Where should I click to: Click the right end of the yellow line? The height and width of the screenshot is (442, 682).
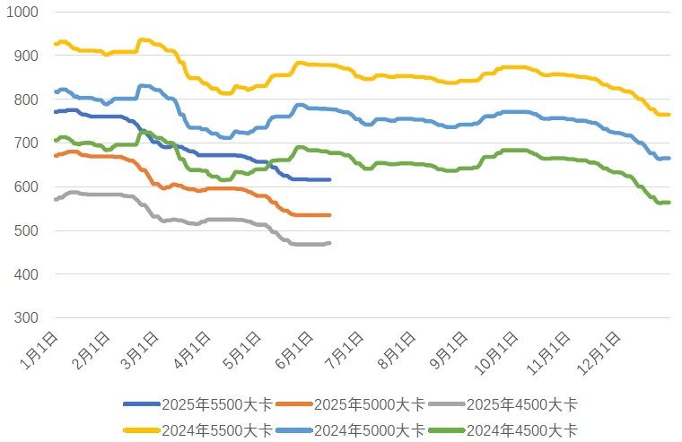pyautogui.click(x=669, y=114)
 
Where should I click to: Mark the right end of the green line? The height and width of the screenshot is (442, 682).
pyautogui.click(x=669, y=203)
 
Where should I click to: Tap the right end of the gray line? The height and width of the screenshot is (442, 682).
pyautogui.click(x=329, y=243)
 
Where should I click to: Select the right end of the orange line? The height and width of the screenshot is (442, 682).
pyautogui.click(x=329, y=215)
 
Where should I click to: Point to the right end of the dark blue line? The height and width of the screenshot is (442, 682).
pyautogui.click(x=329, y=179)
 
